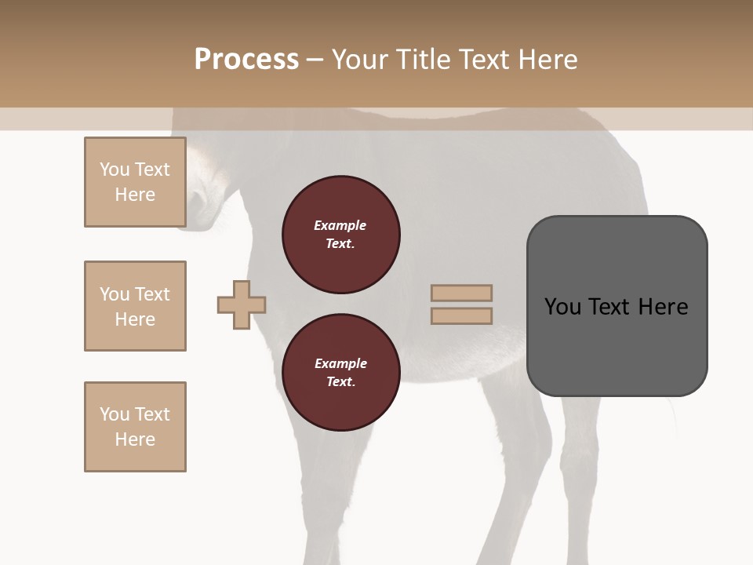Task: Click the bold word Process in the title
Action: point(246,60)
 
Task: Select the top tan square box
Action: point(135,182)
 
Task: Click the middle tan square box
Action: point(135,306)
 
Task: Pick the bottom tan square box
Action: point(135,427)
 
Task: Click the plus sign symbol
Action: point(242,304)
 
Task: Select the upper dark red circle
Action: point(340,235)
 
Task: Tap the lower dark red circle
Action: point(340,373)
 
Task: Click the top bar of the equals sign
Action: point(461,293)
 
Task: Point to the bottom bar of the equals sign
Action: point(461,315)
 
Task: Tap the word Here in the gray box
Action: point(663,306)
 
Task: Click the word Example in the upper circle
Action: point(340,225)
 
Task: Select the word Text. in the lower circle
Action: point(340,382)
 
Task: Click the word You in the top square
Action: point(115,169)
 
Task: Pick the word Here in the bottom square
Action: point(135,439)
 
